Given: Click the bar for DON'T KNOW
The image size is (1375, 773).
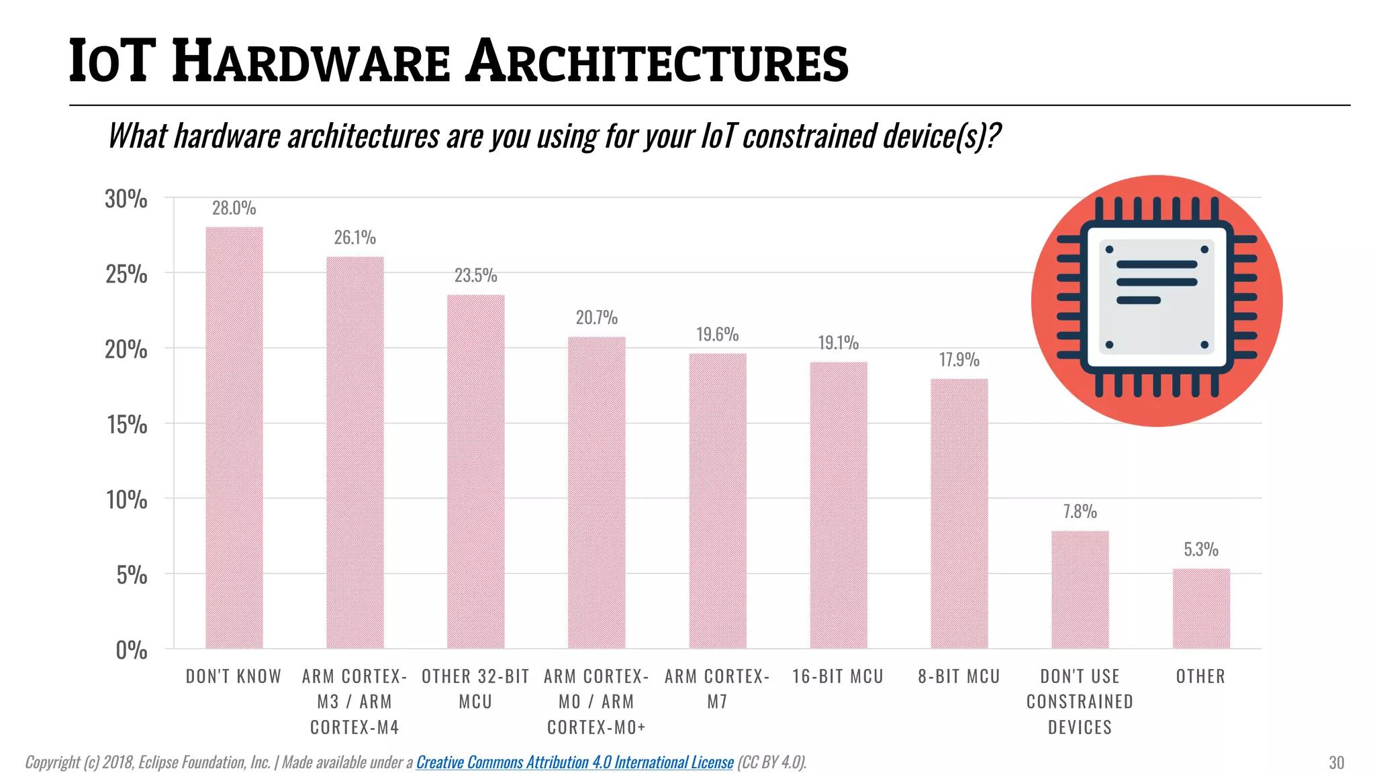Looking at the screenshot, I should pyautogui.click(x=234, y=437).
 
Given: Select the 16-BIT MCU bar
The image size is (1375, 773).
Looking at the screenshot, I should pyautogui.click(x=838, y=505).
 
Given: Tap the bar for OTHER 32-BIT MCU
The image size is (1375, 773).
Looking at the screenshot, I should pyautogui.click(x=475, y=471).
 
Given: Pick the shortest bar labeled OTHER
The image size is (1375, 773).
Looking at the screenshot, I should pyautogui.click(x=1200, y=608).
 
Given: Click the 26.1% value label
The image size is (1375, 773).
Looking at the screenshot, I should pyautogui.click(x=354, y=238).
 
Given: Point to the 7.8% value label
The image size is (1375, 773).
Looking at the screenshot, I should pyautogui.click(x=1080, y=512).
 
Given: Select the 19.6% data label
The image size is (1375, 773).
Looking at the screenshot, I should pyautogui.click(x=717, y=334).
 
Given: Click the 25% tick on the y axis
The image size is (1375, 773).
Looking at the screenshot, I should pyautogui.click(x=126, y=274).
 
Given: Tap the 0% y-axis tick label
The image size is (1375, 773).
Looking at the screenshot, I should pyautogui.click(x=131, y=650).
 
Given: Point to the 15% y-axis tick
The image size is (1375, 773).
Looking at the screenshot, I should pyautogui.click(x=126, y=424).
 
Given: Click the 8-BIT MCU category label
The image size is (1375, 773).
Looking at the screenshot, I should pyautogui.click(x=959, y=676).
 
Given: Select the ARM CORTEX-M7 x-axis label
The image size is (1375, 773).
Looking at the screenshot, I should pyautogui.click(x=717, y=688).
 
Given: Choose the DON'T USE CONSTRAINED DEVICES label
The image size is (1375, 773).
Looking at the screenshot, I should pyautogui.click(x=1080, y=701).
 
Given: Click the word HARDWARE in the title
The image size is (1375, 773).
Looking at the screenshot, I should pyautogui.click(x=310, y=62).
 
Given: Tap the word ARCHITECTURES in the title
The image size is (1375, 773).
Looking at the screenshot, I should pyautogui.click(x=658, y=62).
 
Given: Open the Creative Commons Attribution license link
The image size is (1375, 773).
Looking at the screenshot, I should pyautogui.click(x=575, y=762).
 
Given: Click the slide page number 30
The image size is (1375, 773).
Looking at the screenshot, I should pyautogui.click(x=1336, y=763).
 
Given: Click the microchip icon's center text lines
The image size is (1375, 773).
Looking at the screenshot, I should pyautogui.click(x=1156, y=282).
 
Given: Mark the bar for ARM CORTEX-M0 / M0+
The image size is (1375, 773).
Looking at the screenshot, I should pyautogui.click(x=596, y=493).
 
